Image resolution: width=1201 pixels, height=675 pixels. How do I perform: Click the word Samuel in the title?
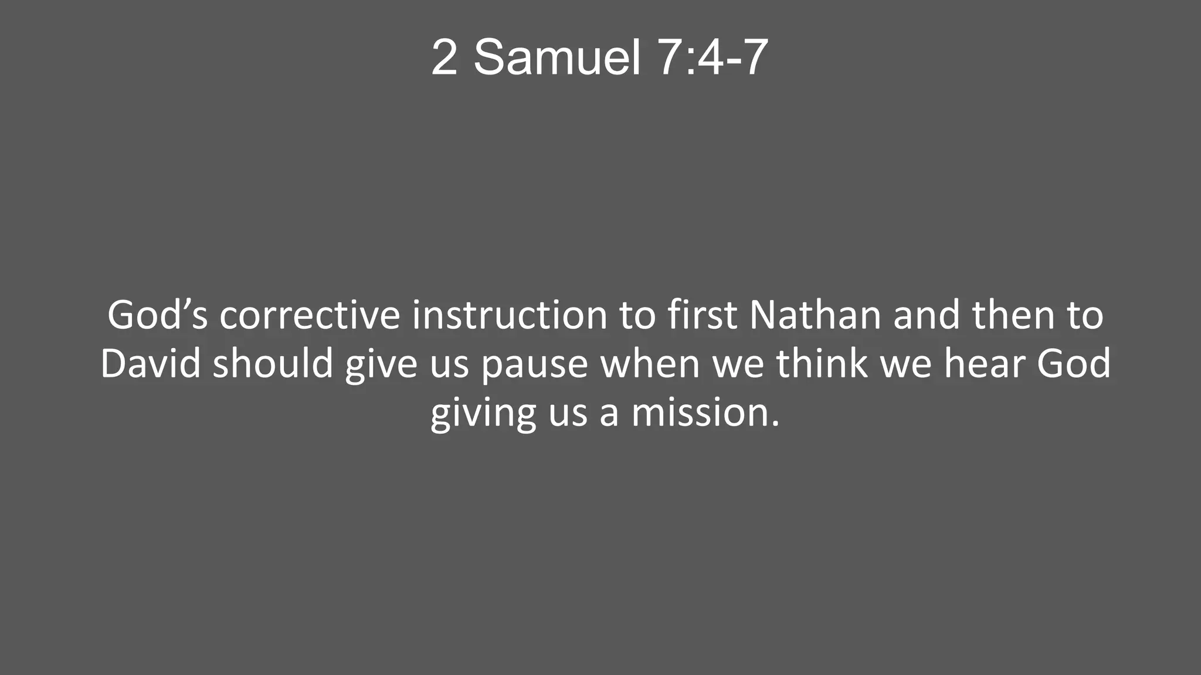557,57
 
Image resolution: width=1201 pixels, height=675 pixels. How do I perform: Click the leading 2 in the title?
444,57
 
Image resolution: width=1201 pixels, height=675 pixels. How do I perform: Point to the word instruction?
510,315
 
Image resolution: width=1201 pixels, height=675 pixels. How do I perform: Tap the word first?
702,315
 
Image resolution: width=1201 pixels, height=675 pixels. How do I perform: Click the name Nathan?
815,315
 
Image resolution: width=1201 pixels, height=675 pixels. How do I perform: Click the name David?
151,364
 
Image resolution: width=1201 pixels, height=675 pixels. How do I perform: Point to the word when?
650,364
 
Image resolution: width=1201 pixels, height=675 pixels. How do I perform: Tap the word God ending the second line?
1074,364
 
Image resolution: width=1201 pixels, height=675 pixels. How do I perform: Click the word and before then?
927,315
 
